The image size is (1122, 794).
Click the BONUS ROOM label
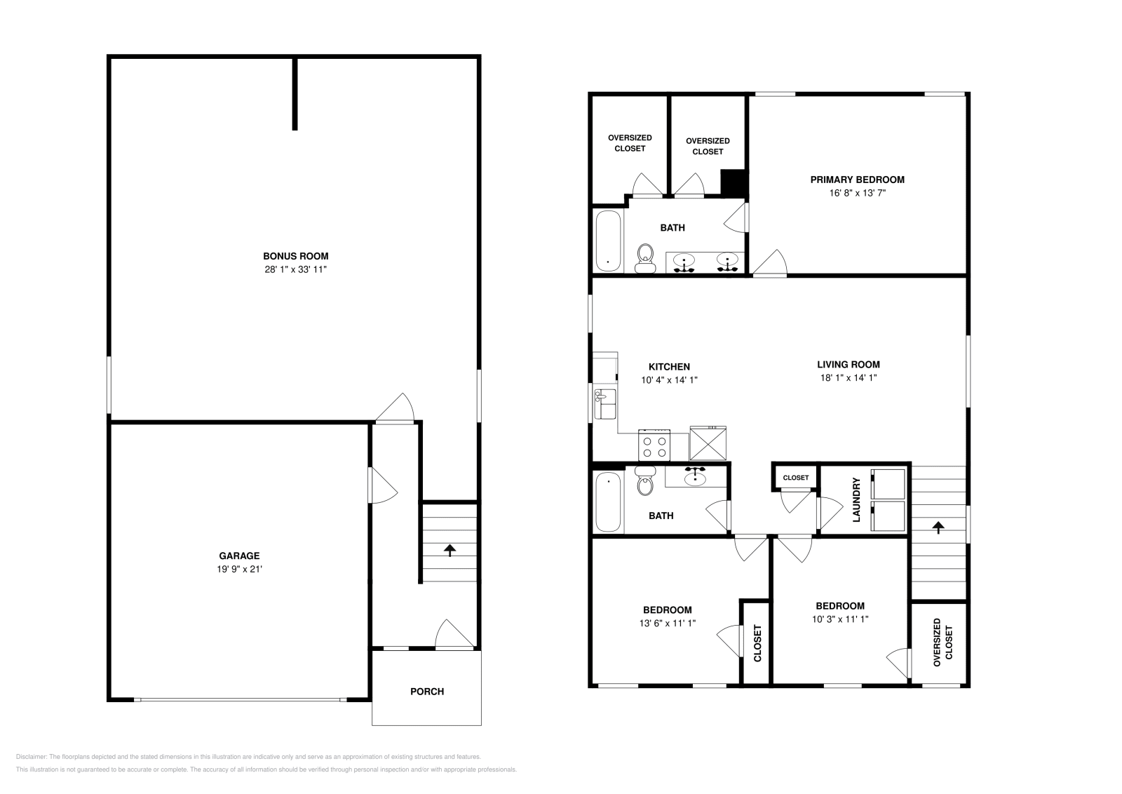[295, 256]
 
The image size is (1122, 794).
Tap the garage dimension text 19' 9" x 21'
[239, 569]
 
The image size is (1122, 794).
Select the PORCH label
[427, 692]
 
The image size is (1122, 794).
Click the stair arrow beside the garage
[450, 550]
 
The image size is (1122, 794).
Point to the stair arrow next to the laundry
[938, 527]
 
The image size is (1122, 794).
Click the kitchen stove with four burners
[654, 444]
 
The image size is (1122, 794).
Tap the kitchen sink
[604, 404]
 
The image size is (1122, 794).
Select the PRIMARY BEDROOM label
[857, 180]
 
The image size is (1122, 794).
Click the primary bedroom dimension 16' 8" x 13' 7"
[857, 193]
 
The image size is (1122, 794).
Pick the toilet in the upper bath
[645, 258]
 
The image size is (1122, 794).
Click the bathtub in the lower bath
[607, 502]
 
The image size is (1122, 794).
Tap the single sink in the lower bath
[695, 476]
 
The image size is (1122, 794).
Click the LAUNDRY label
[856, 499]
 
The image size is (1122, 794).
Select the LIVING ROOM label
[848, 365]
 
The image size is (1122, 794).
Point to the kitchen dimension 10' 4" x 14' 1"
[669, 379]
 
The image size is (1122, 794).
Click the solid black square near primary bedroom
[734, 182]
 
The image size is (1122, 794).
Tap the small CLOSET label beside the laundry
[795, 478]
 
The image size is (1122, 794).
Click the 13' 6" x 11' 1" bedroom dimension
[667, 623]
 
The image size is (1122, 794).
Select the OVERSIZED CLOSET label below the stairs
[942, 642]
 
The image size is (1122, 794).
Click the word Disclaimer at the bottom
[31, 757]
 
